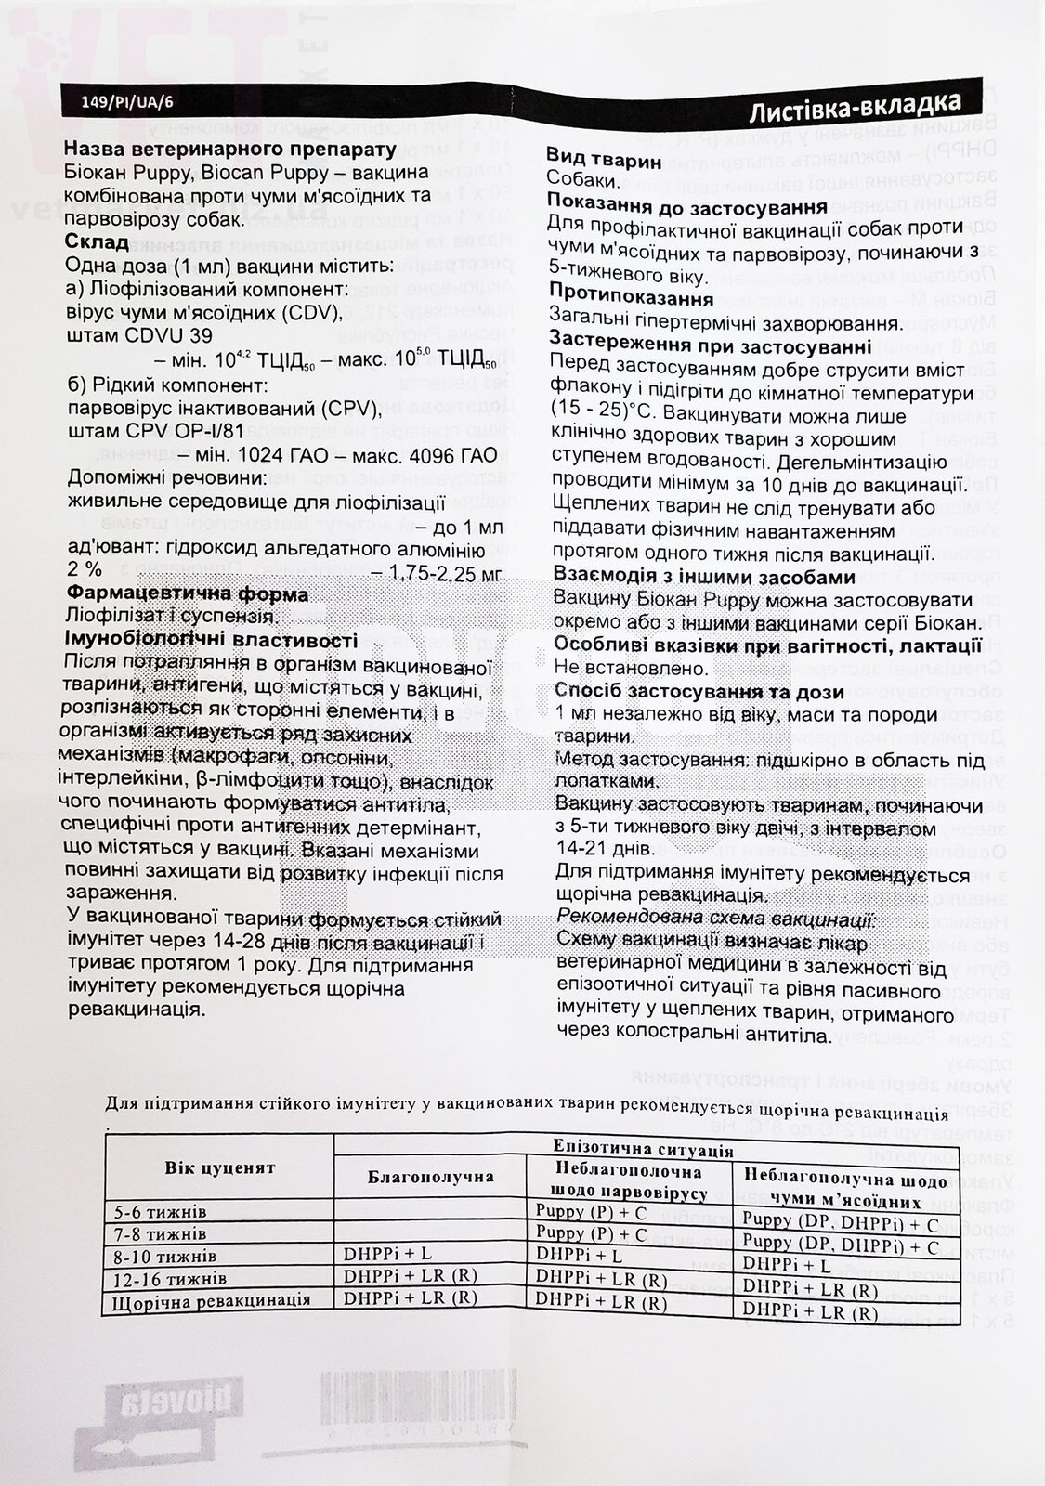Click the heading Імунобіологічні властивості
click(212, 640)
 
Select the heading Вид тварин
click(604, 161)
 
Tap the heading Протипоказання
click(631, 299)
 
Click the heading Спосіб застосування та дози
click(699, 691)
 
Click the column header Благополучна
click(432, 1176)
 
